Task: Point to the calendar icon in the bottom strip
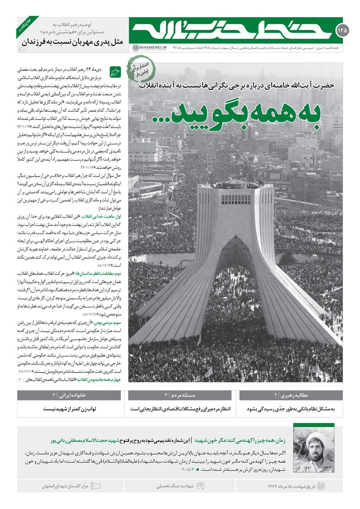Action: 321,486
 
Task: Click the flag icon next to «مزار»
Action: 98,486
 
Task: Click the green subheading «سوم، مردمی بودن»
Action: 99,322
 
